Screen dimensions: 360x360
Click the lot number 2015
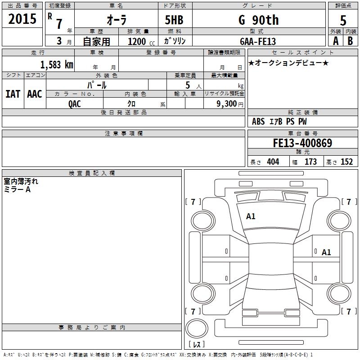coord(22,19)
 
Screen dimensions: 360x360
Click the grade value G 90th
coord(258,20)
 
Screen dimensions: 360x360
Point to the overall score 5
coord(343,21)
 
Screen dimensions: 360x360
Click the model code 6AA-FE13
coord(258,41)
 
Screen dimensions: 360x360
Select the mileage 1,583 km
coord(57,64)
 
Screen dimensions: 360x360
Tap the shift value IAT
coord(13,94)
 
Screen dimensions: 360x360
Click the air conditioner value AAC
coord(35,94)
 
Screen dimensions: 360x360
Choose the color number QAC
coord(75,103)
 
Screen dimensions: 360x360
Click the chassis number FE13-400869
coord(302,143)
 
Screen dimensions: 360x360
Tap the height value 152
coord(346,162)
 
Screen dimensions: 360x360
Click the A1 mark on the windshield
coord(251,216)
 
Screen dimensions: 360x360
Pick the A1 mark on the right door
coord(326,252)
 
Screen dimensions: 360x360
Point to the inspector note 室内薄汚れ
coord(21,182)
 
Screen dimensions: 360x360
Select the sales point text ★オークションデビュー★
coord(288,63)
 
